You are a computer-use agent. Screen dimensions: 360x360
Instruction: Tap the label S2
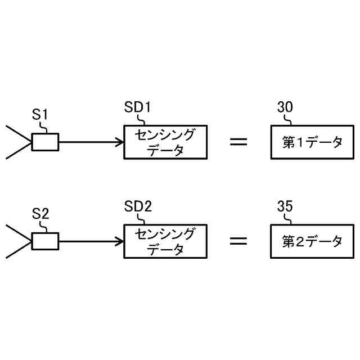[40, 214]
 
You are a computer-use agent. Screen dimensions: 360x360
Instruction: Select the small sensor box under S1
[45, 142]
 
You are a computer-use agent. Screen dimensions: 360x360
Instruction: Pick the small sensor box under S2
[45, 241]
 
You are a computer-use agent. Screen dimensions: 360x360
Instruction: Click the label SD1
[137, 107]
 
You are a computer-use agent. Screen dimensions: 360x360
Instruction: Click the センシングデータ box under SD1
[165, 142]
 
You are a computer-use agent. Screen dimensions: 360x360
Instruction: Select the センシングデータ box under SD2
[165, 241]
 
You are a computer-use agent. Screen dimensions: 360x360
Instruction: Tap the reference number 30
[285, 107]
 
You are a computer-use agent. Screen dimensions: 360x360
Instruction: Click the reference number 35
[285, 206]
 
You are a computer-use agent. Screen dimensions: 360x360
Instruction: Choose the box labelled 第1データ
[313, 142]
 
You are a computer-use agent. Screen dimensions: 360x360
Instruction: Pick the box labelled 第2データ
[313, 241]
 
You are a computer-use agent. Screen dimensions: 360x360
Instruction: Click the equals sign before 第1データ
[238, 142]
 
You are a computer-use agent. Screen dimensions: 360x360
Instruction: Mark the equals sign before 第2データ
[238, 241]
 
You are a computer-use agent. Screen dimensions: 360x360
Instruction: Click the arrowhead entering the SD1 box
[120, 142]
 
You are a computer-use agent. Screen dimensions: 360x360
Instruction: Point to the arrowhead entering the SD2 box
[120, 241]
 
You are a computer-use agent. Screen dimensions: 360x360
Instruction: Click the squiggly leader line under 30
[289, 119]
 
